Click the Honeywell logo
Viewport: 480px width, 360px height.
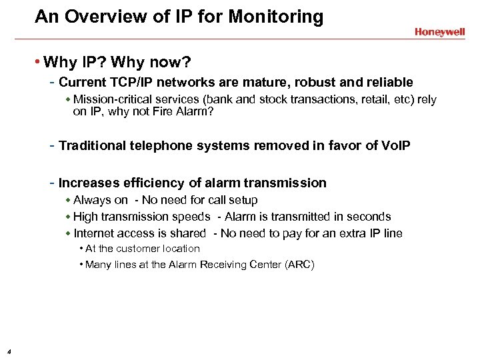point(439,31)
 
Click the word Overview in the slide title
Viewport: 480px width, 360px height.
point(97,17)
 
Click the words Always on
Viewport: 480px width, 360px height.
point(101,200)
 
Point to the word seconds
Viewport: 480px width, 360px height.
point(369,217)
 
